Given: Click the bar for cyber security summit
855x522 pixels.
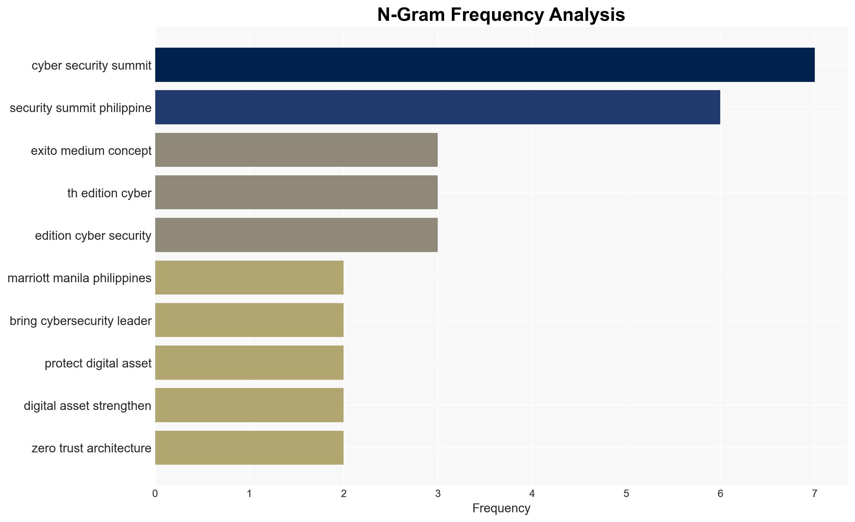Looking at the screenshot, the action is tap(485, 65).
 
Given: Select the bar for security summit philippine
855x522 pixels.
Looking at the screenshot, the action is tap(438, 107).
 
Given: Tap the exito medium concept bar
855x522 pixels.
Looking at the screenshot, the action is tap(296, 150).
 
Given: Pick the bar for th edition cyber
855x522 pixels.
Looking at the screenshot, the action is tap(296, 192).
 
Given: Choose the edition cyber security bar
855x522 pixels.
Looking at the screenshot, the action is tap(296, 235).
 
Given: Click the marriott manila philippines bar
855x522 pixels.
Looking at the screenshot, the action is tap(249, 278).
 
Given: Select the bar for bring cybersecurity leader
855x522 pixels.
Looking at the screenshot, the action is tap(249, 320).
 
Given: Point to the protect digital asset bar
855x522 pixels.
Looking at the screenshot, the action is tap(249, 363).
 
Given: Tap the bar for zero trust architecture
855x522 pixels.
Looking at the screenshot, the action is tap(249, 448).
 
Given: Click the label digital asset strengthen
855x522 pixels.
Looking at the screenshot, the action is tap(87, 405).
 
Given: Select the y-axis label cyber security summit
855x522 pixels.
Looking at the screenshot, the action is tap(92, 65).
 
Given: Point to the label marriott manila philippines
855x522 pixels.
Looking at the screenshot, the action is tap(79, 278).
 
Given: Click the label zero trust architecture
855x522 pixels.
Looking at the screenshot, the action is tap(92, 448).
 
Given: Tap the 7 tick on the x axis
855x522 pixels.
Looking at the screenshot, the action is tap(814, 494).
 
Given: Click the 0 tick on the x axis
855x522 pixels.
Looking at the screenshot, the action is tap(155, 494).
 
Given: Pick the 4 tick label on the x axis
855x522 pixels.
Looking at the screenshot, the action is tap(532, 494).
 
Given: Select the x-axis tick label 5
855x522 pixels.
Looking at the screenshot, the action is tap(626, 494).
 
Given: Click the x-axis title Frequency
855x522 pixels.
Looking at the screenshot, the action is tap(501, 508).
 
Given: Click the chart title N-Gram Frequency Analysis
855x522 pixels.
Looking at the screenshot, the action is tap(501, 15).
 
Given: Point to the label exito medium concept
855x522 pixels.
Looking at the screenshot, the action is tap(91, 151).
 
